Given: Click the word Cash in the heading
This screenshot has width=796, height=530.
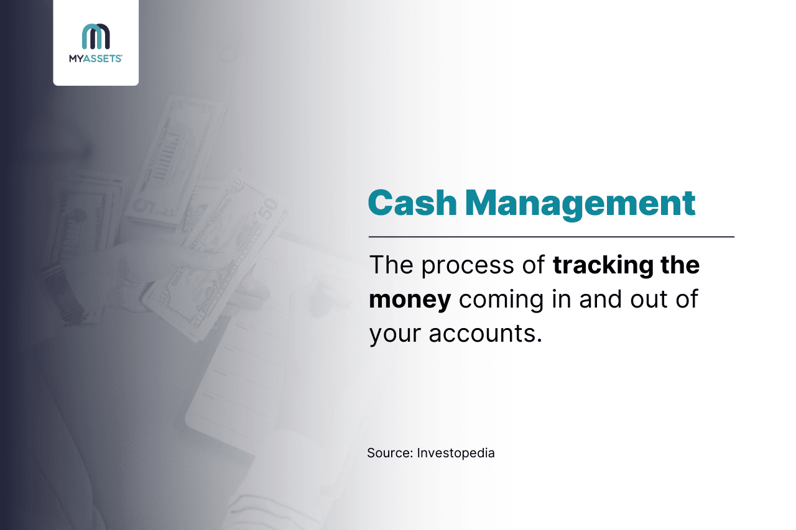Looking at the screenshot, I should (x=411, y=203).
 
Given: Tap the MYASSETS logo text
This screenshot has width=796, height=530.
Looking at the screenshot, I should (x=96, y=58).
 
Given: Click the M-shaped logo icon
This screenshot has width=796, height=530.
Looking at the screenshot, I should (x=96, y=36).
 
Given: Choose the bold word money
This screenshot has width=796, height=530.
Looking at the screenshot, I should (x=410, y=299).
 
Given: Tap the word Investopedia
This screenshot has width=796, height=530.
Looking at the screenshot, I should (x=456, y=453).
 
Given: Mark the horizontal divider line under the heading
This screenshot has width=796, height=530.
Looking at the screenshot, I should (x=551, y=237).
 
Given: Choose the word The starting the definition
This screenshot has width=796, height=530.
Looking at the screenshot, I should (x=392, y=265).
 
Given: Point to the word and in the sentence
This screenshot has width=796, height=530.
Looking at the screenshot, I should (x=599, y=299).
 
